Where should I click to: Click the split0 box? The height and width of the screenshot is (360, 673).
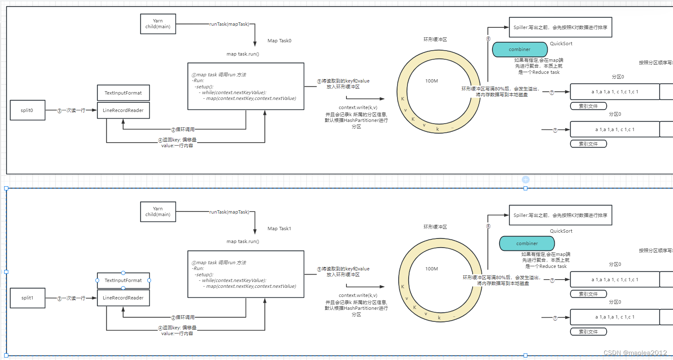[27, 110]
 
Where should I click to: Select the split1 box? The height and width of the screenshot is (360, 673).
[27, 298]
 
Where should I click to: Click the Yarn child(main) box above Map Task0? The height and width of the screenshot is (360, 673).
[158, 24]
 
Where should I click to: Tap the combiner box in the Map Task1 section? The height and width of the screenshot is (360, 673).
[527, 243]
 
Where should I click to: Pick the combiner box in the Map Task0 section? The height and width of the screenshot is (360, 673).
[519, 49]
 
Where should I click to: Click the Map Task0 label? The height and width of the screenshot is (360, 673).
[279, 41]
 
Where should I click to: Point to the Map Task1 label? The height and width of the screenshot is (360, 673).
[279, 229]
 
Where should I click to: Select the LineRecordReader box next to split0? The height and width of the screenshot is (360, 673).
[123, 110]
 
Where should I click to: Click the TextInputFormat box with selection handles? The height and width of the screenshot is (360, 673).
[123, 280]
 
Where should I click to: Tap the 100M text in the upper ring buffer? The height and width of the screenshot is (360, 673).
[432, 81]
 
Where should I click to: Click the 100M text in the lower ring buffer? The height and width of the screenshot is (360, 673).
[432, 269]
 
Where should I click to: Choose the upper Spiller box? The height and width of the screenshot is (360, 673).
[560, 27]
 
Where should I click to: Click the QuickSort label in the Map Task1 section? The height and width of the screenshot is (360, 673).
[561, 231]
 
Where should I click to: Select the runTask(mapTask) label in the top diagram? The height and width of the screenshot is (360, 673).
[229, 24]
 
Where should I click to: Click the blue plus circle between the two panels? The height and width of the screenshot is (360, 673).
[525, 180]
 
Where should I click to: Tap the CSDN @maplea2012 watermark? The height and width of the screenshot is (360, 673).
[635, 353]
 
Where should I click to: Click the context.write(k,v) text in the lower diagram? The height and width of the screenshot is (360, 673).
[358, 295]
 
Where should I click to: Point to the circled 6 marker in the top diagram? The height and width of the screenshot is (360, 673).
[488, 39]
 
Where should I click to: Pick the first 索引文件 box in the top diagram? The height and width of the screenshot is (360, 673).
[588, 106]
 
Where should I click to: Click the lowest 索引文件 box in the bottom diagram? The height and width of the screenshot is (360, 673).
[588, 332]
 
